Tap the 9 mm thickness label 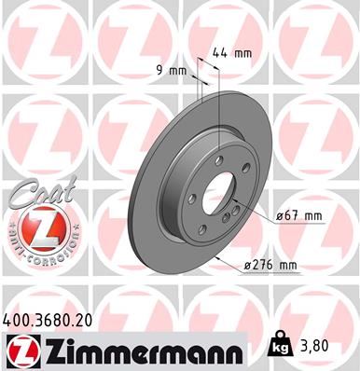point(178,69)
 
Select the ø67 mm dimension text point(298,216)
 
